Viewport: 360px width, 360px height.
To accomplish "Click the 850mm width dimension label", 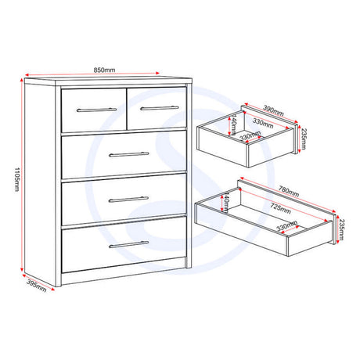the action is (x=104, y=70).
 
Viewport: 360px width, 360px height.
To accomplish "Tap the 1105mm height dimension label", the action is (x=16, y=179).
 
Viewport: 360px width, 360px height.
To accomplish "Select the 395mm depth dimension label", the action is (x=37, y=286).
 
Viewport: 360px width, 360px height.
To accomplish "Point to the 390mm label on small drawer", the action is (x=273, y=110).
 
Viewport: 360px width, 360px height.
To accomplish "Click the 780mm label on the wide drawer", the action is (x=289, y=191).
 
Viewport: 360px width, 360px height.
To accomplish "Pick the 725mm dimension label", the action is (x=280, y=208).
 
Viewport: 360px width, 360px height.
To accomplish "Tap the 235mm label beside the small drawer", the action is (x=303, y=139).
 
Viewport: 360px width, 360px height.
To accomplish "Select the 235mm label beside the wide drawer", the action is (x=341, y=229).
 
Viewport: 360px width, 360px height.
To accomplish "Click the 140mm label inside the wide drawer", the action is (x=226, y=203).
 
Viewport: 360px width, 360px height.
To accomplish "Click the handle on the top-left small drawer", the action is (x=96, y=110).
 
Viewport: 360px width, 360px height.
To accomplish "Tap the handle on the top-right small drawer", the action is (x=160, y=108).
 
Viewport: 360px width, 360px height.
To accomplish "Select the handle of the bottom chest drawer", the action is (x=128, y=244).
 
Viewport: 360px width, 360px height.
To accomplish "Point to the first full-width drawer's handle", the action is (x=129, y=154).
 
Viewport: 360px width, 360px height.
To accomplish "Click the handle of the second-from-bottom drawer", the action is (x=128, y=200).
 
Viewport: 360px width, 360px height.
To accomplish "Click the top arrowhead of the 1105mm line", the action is (x=22, y=80).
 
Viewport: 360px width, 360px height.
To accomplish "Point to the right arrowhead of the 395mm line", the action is (x=53, y=289).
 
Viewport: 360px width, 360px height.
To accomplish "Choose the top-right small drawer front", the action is (x=157, y=109).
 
